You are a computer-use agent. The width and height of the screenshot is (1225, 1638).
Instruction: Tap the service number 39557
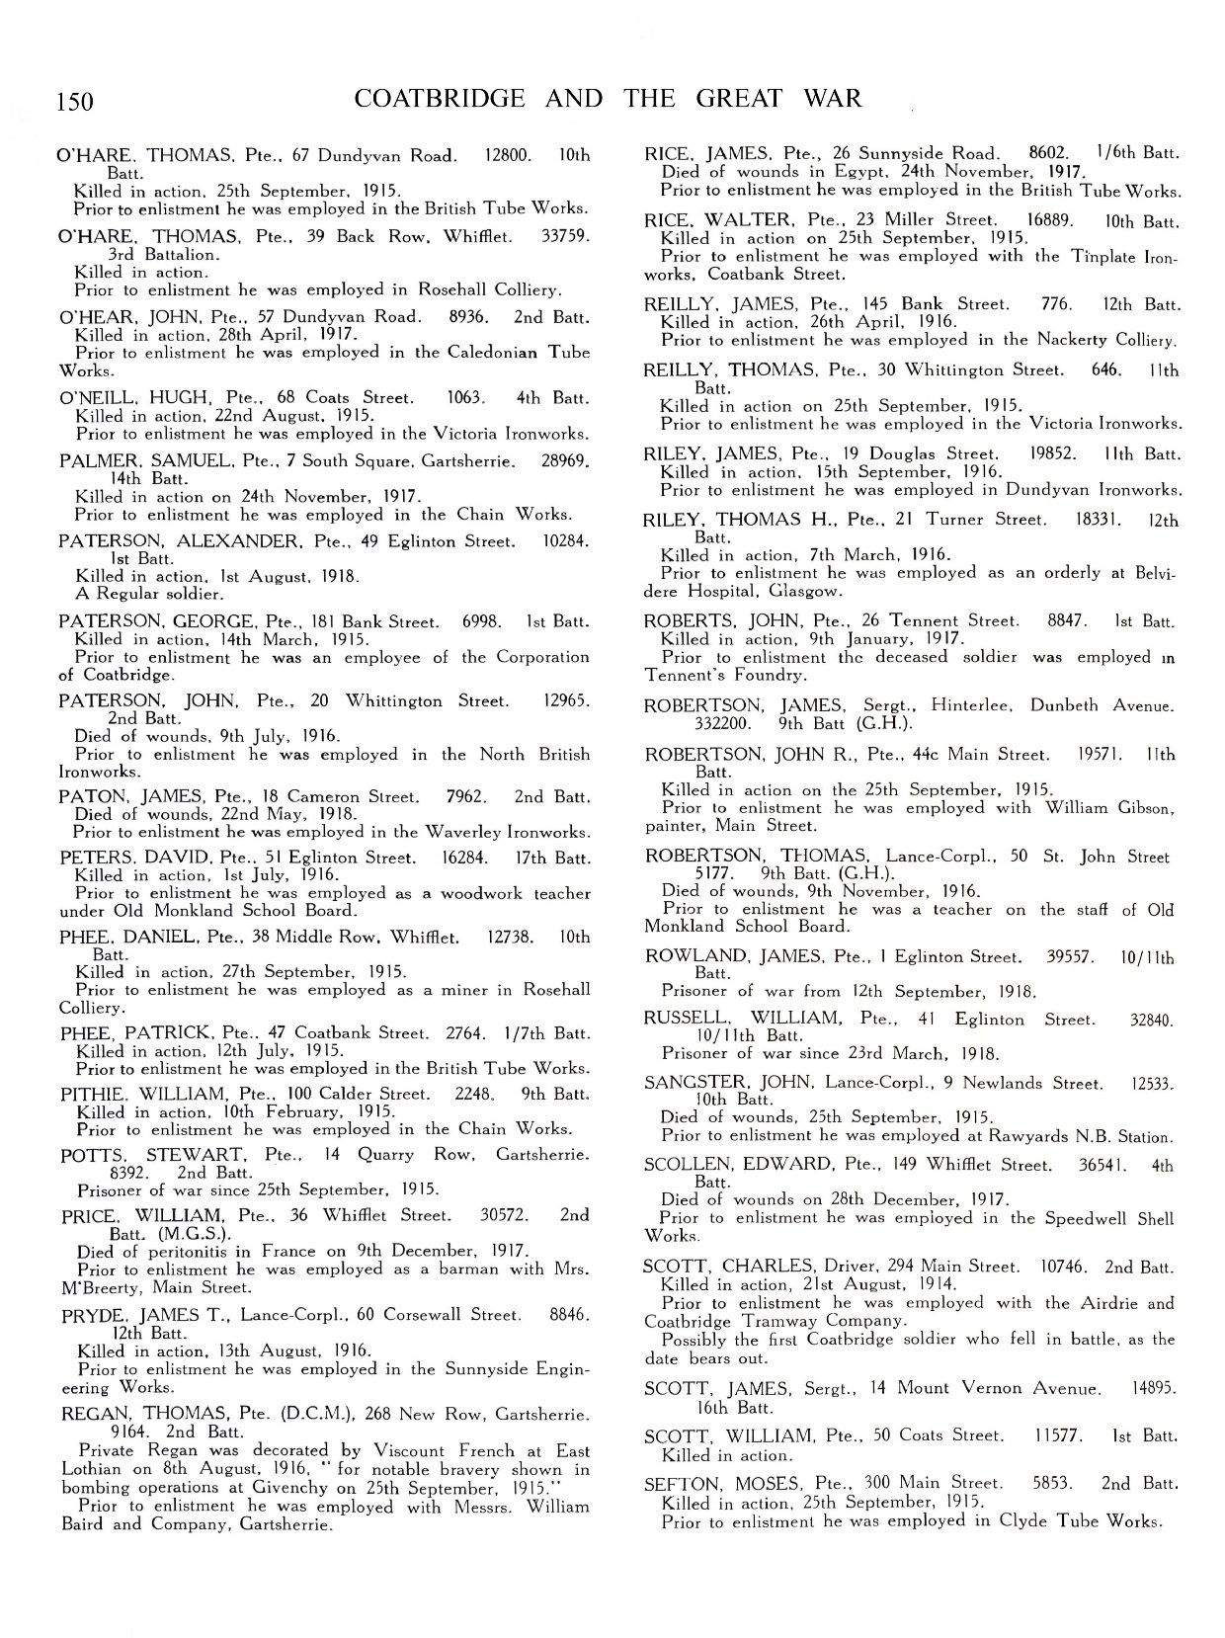point(1071,956)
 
